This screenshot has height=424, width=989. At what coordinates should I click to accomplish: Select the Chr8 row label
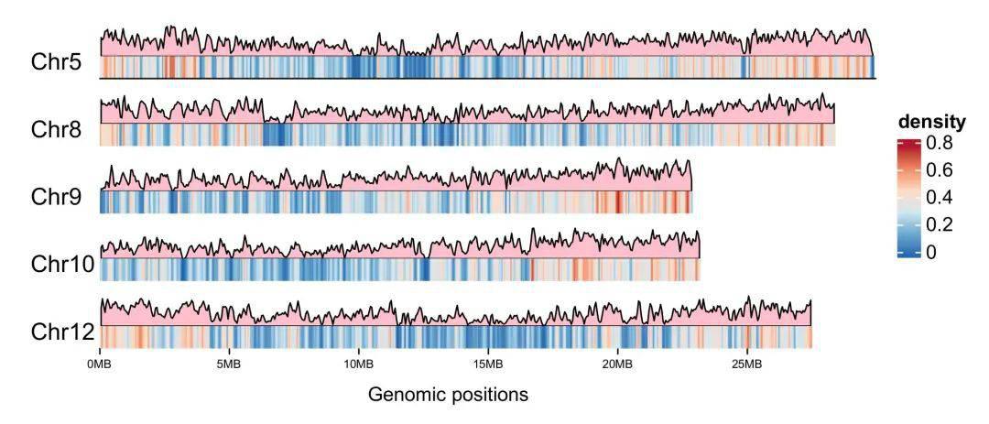tap(57, 130)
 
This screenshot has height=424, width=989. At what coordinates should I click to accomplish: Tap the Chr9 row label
tap(57, 197)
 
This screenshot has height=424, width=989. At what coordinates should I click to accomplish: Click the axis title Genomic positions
tap(448, 396)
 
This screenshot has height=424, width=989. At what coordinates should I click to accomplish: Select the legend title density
tap(931, 122)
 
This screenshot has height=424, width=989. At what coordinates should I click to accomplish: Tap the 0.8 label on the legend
tap(940, 143)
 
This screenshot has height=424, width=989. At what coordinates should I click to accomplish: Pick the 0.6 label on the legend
tap(940, 170)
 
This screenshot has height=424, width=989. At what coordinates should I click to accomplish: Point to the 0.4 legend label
tap(940, 198)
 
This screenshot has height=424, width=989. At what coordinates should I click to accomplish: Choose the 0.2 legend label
tap(940, 225)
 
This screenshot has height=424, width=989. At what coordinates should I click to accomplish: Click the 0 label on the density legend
tap(932, 253)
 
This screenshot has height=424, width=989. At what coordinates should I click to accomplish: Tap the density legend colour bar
tap(909, 198)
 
